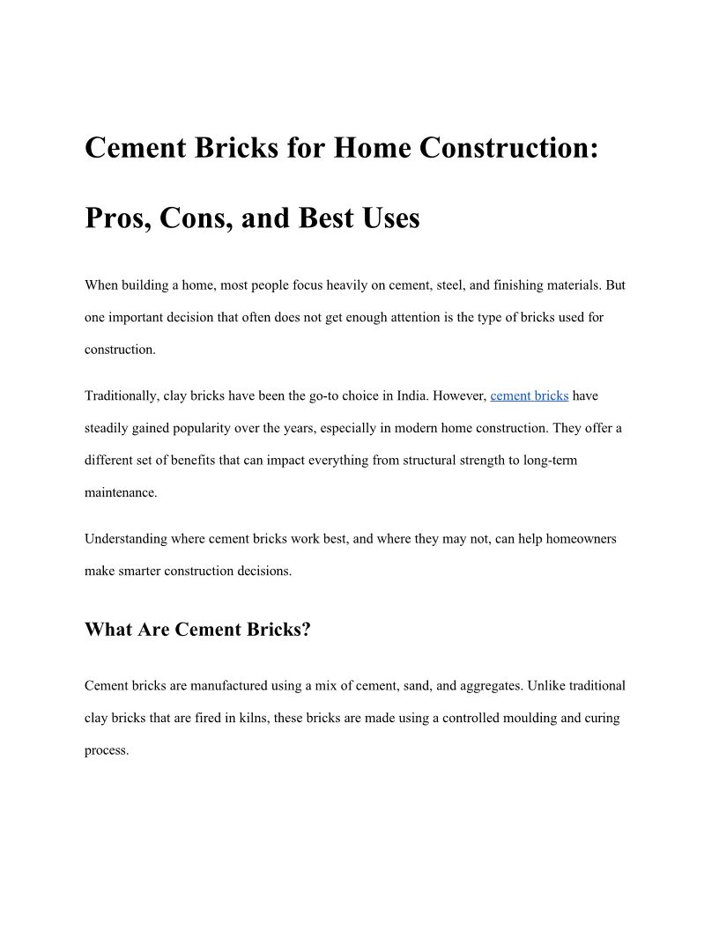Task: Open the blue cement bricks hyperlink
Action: click(529, 395)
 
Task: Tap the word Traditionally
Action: click(122, 395)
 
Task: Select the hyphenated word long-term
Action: click(550, 461)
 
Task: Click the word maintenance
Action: click(121, 492)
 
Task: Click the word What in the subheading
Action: click(108, 630)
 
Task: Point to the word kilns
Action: click(253, 718)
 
